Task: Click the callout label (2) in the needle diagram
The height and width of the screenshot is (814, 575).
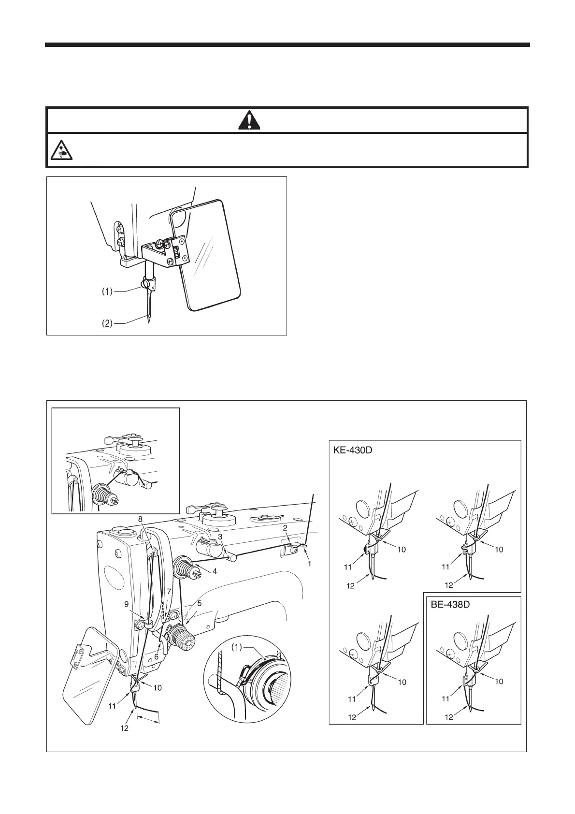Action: click(x=107, y=323)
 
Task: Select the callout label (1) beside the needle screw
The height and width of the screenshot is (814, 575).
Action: click(x=107, y=291)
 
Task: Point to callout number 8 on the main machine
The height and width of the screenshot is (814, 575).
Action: click(x=140, y=519)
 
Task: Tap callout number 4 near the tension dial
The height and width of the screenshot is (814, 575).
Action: click(x=215, y=571)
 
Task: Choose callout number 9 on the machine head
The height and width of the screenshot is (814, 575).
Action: click(x=126, y=604)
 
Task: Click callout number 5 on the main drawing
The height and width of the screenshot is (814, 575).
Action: click(x=199, y=603)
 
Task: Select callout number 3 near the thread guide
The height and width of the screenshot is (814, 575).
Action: click(x=220, y=537)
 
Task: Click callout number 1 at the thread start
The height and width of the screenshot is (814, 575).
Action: click(x=310, y=563)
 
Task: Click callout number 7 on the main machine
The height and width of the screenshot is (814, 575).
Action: click(x=169, y=592)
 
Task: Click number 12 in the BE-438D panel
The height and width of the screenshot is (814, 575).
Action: click(x=449, y=717)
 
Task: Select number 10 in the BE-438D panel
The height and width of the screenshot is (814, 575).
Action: click(x=500, y=682)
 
